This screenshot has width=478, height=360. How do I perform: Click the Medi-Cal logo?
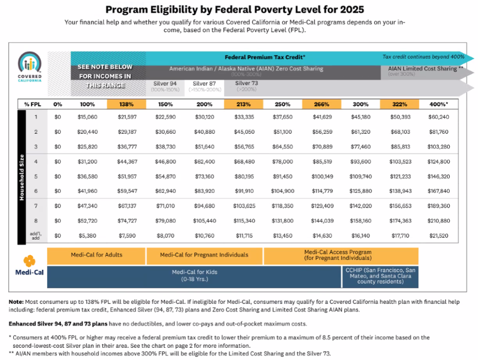pos(29,266)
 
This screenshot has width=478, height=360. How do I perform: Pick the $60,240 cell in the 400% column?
pos(438,117)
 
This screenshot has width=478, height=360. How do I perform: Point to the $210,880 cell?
pos(438,220)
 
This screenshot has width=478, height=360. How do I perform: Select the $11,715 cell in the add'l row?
pos(243,236)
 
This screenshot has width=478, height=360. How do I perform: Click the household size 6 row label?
pos(36,191)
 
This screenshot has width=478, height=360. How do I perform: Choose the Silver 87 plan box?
pos(204,86)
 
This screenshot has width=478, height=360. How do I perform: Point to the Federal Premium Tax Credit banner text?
pos(264,57)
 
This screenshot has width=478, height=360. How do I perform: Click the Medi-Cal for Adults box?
pos(97,255)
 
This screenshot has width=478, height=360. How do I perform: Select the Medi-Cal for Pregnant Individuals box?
pos(204,255)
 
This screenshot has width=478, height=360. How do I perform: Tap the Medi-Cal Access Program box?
pos(341,255)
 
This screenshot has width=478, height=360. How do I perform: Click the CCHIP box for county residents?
pos(380,276)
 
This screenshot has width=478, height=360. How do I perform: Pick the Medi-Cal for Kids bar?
pos(194,276)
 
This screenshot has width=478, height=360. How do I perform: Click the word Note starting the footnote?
pos(16,302)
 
